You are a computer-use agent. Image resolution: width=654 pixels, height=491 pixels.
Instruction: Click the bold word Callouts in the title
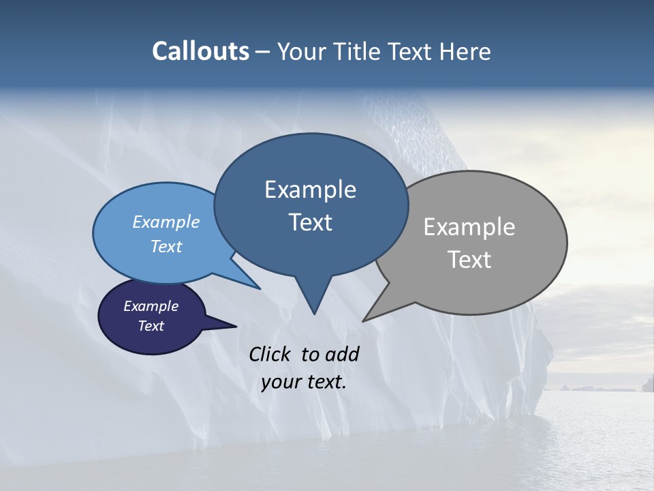tap(200, 51)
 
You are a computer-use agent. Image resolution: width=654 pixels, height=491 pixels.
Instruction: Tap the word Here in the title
tap(466, 51)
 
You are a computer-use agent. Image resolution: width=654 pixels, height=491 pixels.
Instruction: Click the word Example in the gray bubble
tap(469, 227)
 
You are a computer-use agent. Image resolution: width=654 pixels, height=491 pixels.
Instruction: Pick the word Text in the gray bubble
tap(469, 260)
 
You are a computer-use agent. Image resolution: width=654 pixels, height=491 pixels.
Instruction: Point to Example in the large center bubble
tap(310, 190)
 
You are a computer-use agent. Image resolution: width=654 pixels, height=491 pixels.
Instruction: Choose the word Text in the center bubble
tap(310, 222)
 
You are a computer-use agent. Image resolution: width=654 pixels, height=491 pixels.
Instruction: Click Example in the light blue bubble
tap(166, 222)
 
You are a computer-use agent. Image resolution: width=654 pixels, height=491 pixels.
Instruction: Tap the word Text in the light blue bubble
tap(166, 246)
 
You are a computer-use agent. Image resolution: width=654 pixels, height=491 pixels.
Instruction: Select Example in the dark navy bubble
tap(151, 306)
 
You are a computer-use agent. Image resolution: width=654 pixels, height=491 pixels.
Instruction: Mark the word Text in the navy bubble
tap(151, 326)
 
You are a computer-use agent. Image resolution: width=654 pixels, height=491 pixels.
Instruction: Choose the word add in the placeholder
tap(342, 354)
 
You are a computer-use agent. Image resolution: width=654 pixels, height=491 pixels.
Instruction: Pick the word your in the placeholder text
tap(279, 382)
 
